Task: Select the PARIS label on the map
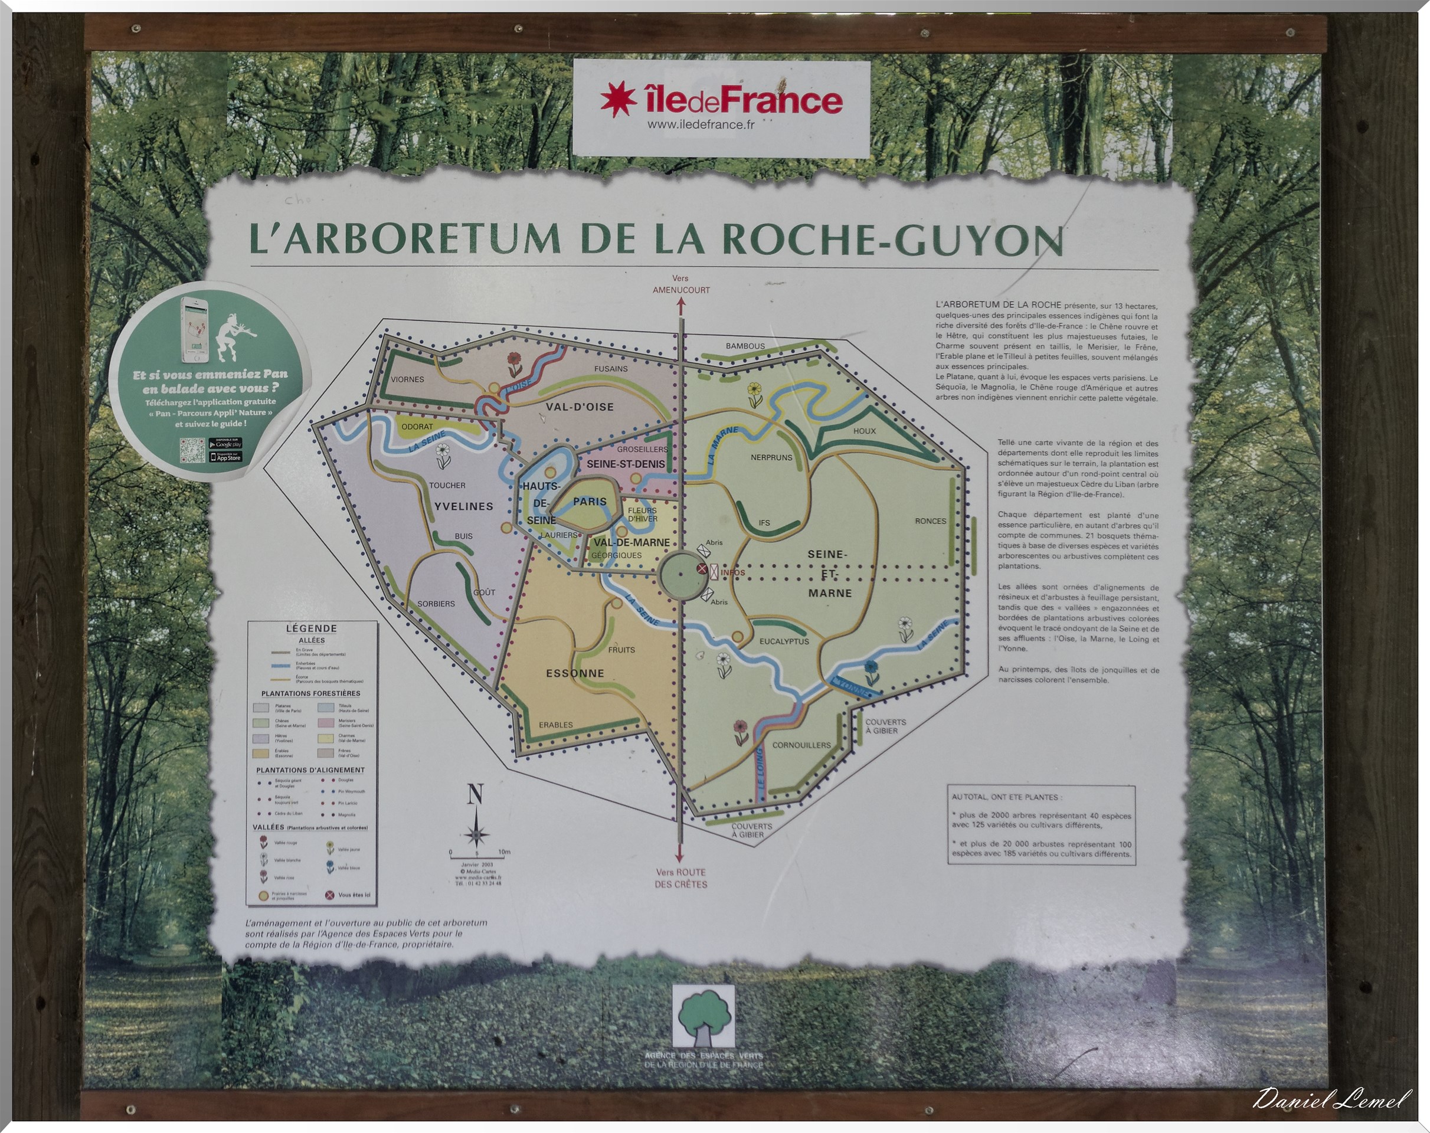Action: (x=590, y=502)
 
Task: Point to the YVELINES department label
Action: (x=464, y=506)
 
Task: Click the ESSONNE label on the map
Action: (x=574, y=673)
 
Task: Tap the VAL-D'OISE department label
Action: (x=579, y=407)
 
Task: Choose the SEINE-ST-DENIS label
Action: (x=625, y=464)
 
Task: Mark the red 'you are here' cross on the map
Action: (x=702, y=568)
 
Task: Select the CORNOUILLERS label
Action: (x=801, y=745)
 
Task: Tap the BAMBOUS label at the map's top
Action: (x=745, y=346)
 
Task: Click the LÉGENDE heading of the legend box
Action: (x=311, y=628)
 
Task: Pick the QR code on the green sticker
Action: (x=192, y=450)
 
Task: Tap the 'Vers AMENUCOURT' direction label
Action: (x=680, y=284)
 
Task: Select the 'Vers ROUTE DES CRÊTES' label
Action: (x=680, y=878)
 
